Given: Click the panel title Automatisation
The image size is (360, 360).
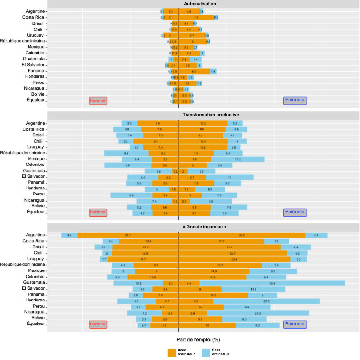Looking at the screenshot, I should tap(203, 4).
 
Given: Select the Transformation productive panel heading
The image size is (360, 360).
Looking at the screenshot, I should tap(203, 114).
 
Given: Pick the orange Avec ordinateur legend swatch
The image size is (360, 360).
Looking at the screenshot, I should tap(172, 352).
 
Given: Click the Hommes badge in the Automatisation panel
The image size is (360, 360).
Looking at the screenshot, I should tap(98, 100).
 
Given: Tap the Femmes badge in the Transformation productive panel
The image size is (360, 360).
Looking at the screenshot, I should tap(295, 212).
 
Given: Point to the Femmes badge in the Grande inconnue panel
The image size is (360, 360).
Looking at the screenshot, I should tap(295, 323).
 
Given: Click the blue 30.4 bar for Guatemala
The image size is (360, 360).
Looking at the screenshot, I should tap(272, 283).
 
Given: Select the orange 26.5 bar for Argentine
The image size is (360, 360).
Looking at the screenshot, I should tap(242, 235).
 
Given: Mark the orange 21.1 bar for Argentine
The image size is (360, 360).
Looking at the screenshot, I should tap(128, 235).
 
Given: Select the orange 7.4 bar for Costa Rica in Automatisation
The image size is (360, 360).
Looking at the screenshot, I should tap(196, 17).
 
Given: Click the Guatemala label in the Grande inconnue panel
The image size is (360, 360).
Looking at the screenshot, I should tap(32, 283).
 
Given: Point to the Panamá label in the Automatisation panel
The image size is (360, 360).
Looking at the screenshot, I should tap(36, 71).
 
